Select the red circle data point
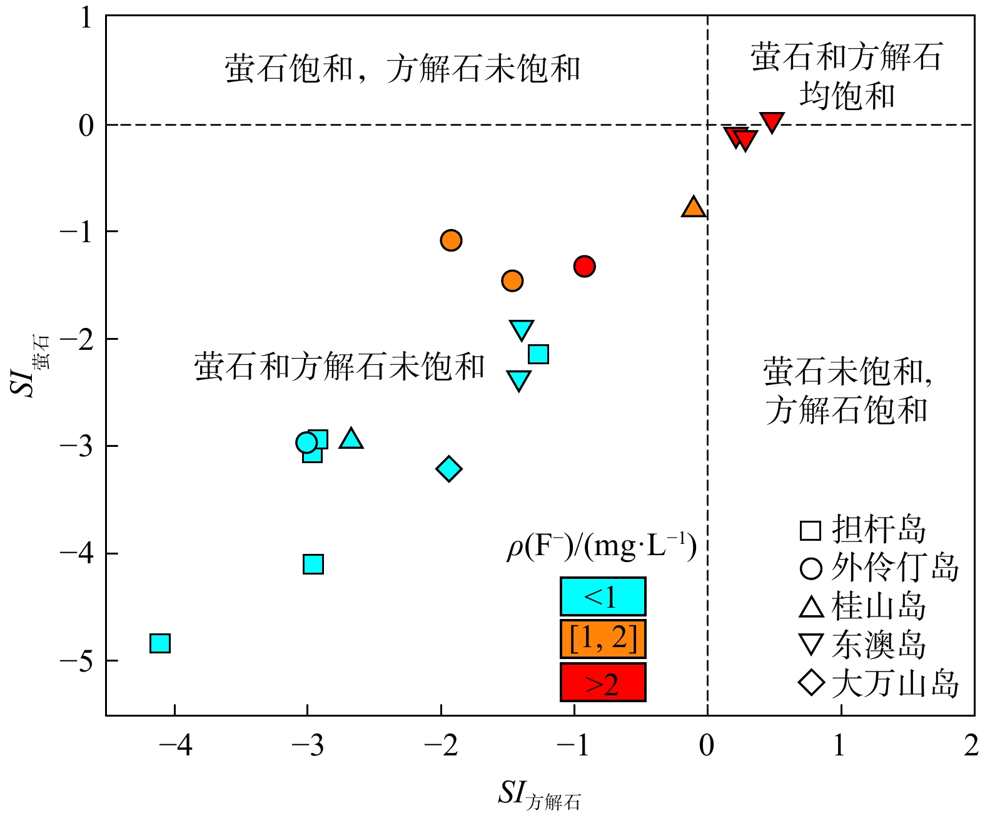[x=584, y=266]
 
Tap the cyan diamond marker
[x=449, y=468]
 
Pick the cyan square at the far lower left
[x=160, y=643]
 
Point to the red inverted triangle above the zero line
[x=772, y=121]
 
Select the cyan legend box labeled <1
[x=602, y=596]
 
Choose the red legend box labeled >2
[x=602, y=682]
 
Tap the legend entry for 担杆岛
[x=863, y=529]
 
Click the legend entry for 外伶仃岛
[x=879, y=568]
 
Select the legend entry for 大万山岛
[x=879, y=683]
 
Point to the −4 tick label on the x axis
[x=175, y=745]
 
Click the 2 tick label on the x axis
[x=971, y=745]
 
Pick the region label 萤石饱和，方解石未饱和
[x=403, y=69]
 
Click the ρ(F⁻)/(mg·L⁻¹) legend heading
[x=602, y=547]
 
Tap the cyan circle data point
[x=306, y=443]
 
